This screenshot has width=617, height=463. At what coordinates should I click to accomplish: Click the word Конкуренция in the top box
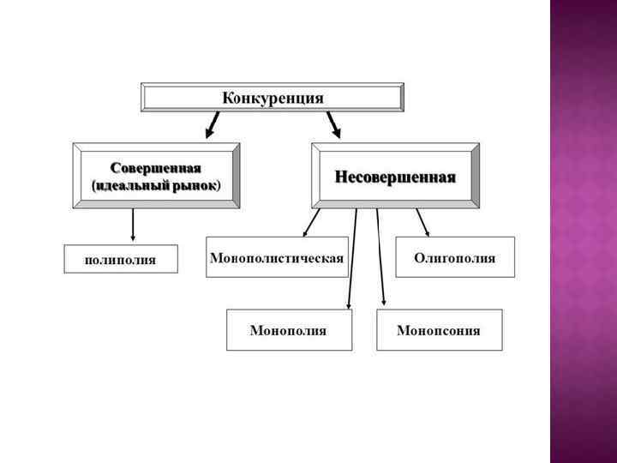(x=273, y=98)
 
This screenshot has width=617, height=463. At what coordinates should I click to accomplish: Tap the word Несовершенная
(x=395, y=177)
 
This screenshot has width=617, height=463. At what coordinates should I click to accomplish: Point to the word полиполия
(x=121, y=259)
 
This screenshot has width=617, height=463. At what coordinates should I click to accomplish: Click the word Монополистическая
(x=277, y=257)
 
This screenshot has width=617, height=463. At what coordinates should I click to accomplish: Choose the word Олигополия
(x=454, y=257)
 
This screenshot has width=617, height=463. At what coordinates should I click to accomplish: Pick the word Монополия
(x=288, y=330)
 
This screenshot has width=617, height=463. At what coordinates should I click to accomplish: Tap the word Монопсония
(x=439, y=330)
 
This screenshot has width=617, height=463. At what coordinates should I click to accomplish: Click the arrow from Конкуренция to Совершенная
(x=211, y=125)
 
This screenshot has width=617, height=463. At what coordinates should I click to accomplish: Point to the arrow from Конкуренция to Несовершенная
(x=333, y=125)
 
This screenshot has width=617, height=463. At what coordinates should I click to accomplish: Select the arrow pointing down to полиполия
(x=133, y=225)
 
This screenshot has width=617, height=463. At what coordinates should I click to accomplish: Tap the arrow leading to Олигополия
(x=422, y=222)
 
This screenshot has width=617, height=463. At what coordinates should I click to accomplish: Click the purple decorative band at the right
(x=583, y=231)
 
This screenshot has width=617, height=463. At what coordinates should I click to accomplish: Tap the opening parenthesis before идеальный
(x=93, y=185)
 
